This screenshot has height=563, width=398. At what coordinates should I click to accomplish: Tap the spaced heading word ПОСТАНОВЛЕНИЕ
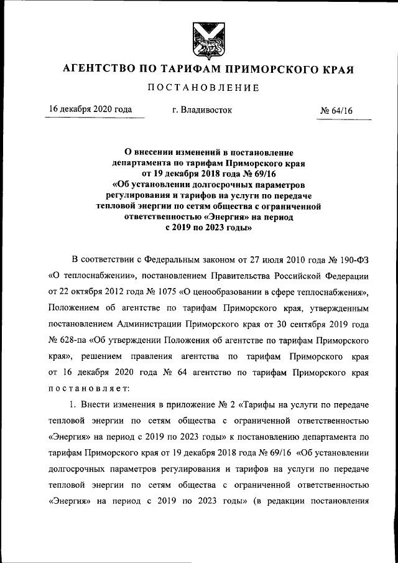203,88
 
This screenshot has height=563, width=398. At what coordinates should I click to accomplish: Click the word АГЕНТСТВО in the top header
99,69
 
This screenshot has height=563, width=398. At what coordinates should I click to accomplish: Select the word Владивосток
205,110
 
